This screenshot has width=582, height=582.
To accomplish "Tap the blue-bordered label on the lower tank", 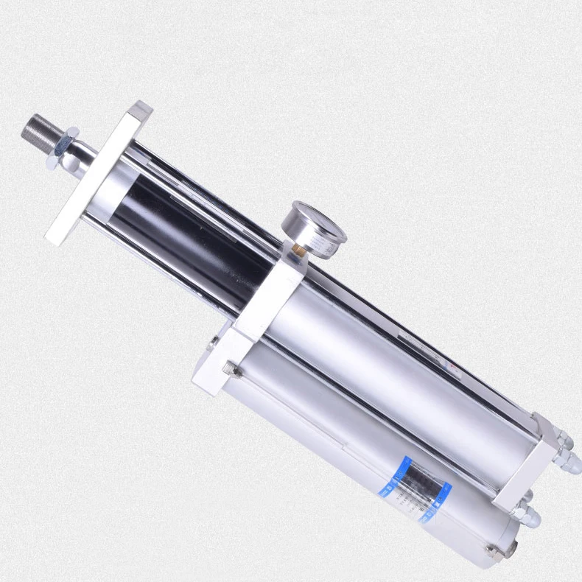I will click(417, 488).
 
